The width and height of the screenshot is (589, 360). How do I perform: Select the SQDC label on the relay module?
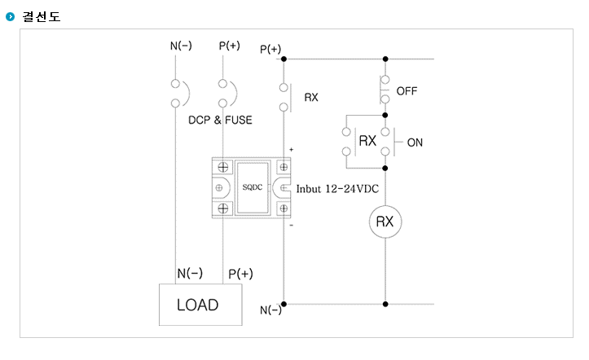[252, 187]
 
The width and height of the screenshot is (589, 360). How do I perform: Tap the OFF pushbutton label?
[407, 91]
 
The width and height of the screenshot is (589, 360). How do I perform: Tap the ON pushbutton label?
[415, 143]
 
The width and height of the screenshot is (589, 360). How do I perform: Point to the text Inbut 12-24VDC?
[337, 188]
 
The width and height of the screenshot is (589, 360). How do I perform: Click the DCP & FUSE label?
[220, 120]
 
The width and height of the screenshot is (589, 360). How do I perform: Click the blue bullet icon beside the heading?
[10, 16]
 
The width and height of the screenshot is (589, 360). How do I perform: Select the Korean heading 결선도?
[42, 16]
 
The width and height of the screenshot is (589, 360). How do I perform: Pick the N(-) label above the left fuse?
[181, 46]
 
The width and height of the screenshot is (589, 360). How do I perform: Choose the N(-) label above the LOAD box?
[190, 273]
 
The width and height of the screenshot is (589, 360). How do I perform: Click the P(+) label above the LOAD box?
[241, 274]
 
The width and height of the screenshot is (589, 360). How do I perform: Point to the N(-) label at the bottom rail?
[270, 310]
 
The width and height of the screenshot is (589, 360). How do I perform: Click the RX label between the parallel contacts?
[367, 141]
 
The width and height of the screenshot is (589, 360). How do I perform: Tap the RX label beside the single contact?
[311, 97]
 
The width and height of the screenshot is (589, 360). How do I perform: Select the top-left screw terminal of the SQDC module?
[223, 167]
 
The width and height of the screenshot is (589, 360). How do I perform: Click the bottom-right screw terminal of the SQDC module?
[284, 209]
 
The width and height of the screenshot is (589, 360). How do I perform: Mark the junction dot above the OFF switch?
[385, 59]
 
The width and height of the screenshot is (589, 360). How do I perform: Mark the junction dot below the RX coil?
[385, 304]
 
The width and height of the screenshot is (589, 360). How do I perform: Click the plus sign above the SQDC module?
[291, 149]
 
